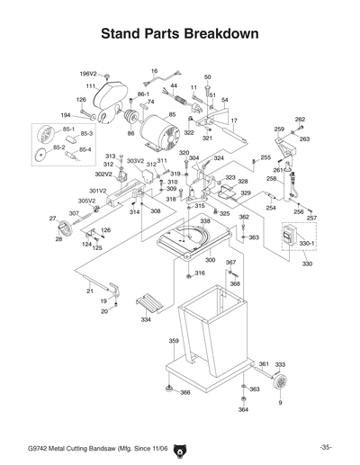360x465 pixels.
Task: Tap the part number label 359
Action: pos(175,342)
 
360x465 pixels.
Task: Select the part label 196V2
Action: pos(87,74)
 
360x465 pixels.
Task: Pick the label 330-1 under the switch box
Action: pos(307,243)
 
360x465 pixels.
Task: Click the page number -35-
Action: pos(326,447)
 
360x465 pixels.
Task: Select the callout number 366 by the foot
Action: pos(184,393)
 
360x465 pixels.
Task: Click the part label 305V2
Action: pos(86,201)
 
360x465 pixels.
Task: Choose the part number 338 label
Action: pos(205,221)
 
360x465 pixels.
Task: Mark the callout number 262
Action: pos(300,120)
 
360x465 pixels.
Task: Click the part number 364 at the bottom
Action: pos(243,409)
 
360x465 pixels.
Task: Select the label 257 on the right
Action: pos(311,218)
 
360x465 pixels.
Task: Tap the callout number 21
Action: pos(89,291)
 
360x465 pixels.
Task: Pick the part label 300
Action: pos(210,259)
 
